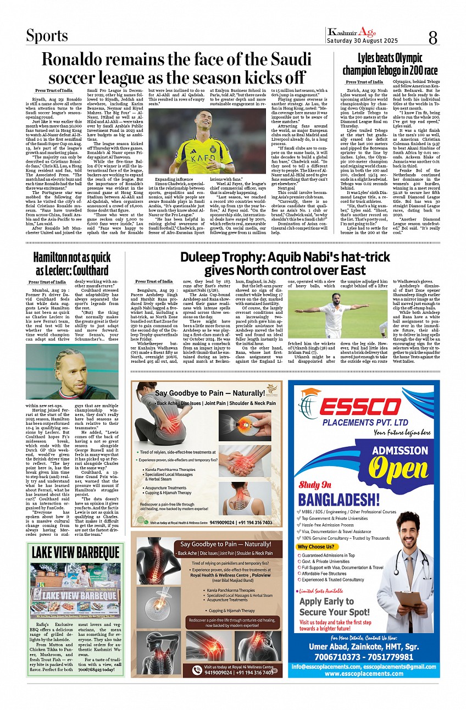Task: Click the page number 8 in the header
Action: coord(432,37)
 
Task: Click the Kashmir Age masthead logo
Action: coord(351,32)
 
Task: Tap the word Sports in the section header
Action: coord(47,36)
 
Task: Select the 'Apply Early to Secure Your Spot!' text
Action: coord(334,606)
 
